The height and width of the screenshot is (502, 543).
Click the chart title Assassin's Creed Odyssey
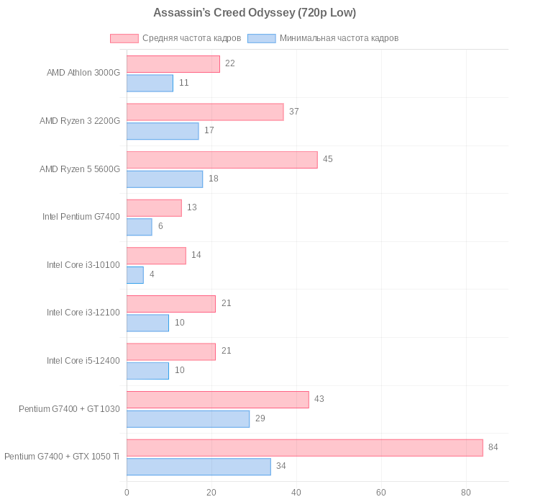click(x=254, y=13)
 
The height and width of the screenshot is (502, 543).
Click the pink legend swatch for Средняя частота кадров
click(x=124, y=38)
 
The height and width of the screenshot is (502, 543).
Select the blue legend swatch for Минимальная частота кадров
click(x=261, y=38)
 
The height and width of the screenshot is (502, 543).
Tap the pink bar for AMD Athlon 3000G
click(x=173, y=64)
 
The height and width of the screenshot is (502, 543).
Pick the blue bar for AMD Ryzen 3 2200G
click(x=163, y=131)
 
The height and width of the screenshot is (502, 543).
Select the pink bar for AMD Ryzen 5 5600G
click(x=222, y=160)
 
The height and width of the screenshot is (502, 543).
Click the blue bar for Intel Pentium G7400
click(x=139, y=227)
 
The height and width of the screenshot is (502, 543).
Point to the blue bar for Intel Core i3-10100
click(x=135, y=275)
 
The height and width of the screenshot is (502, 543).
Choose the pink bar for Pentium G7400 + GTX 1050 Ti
click(x=304, y=448)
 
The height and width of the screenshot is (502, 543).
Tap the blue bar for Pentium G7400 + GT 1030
click(x=188, y=419)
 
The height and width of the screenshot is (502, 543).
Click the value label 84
click(x=493, y=447)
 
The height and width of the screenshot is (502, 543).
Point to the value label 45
click(x=327, y=159)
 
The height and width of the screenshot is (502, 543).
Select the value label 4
click(x=152, y=274)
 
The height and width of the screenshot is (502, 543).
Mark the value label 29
click(x=260, y=418)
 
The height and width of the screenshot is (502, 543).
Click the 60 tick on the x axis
click(x=381, y=493)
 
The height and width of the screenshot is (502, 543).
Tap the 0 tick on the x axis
click(x=127, y=493)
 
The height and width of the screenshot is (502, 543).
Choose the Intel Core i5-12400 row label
click(x=83, y=361)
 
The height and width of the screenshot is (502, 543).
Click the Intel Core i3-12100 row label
click(x=83, y=313)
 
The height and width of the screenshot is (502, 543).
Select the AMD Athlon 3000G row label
click(x=83, y=73)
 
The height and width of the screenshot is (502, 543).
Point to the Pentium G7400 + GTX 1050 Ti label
click(x=62, y=457)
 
